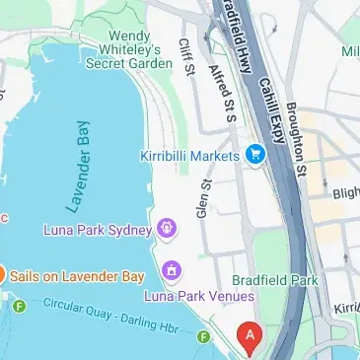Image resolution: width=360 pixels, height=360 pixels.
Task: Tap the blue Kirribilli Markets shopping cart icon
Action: pyautogui.click(x=255, y=155)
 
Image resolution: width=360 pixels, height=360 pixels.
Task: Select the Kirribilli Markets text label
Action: pyautogui.click(x=189, y=156)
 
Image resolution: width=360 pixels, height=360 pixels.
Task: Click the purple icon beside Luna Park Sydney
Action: pyautogui.click(x=168, y=231)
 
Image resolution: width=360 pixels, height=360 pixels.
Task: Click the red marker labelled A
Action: pyautogui.click(x=251, y=337)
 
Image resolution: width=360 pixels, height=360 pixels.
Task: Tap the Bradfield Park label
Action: pyautogui.click(x=275, y=280)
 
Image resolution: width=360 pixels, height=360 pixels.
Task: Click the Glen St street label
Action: pyautogui.click(x=202, y=198)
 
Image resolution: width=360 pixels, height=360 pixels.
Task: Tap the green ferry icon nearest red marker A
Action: pyautogui.click(x=203, y=337)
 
